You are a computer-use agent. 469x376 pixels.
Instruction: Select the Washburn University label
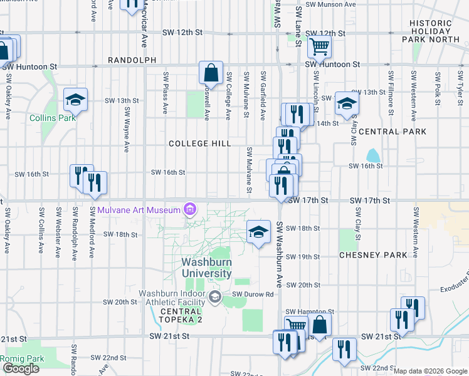pyautogui.click(x=207, y=268)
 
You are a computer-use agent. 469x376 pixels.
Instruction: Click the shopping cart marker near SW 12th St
pyautogui.click(x=320, y=45)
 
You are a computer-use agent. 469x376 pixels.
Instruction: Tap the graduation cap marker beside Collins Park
pyautogui.click(x=75, y=99)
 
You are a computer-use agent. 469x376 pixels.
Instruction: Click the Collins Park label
pyautogui.click(x=52, y=118)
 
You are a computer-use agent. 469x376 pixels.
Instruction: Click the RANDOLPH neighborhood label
pyautogui.click(x=132, y=60)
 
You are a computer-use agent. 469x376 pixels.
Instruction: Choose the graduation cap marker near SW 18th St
pyautogui.click(x=258, y=231)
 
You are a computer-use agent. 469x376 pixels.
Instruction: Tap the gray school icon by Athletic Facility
pyautogui.click(x=215, y=296)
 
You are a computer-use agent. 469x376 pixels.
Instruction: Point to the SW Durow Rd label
pyautogui.click(x=253, y=294)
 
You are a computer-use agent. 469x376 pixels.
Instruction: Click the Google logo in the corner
pyautogui.click(x=21, y=368)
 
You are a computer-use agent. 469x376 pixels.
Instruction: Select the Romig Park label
pyautogui.click(x=21, y=358)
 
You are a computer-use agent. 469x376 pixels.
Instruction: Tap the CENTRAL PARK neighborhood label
pyautogui.click(x=393, y=132)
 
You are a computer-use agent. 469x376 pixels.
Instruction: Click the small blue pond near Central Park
pyautogui.click(x=373, y=155)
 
